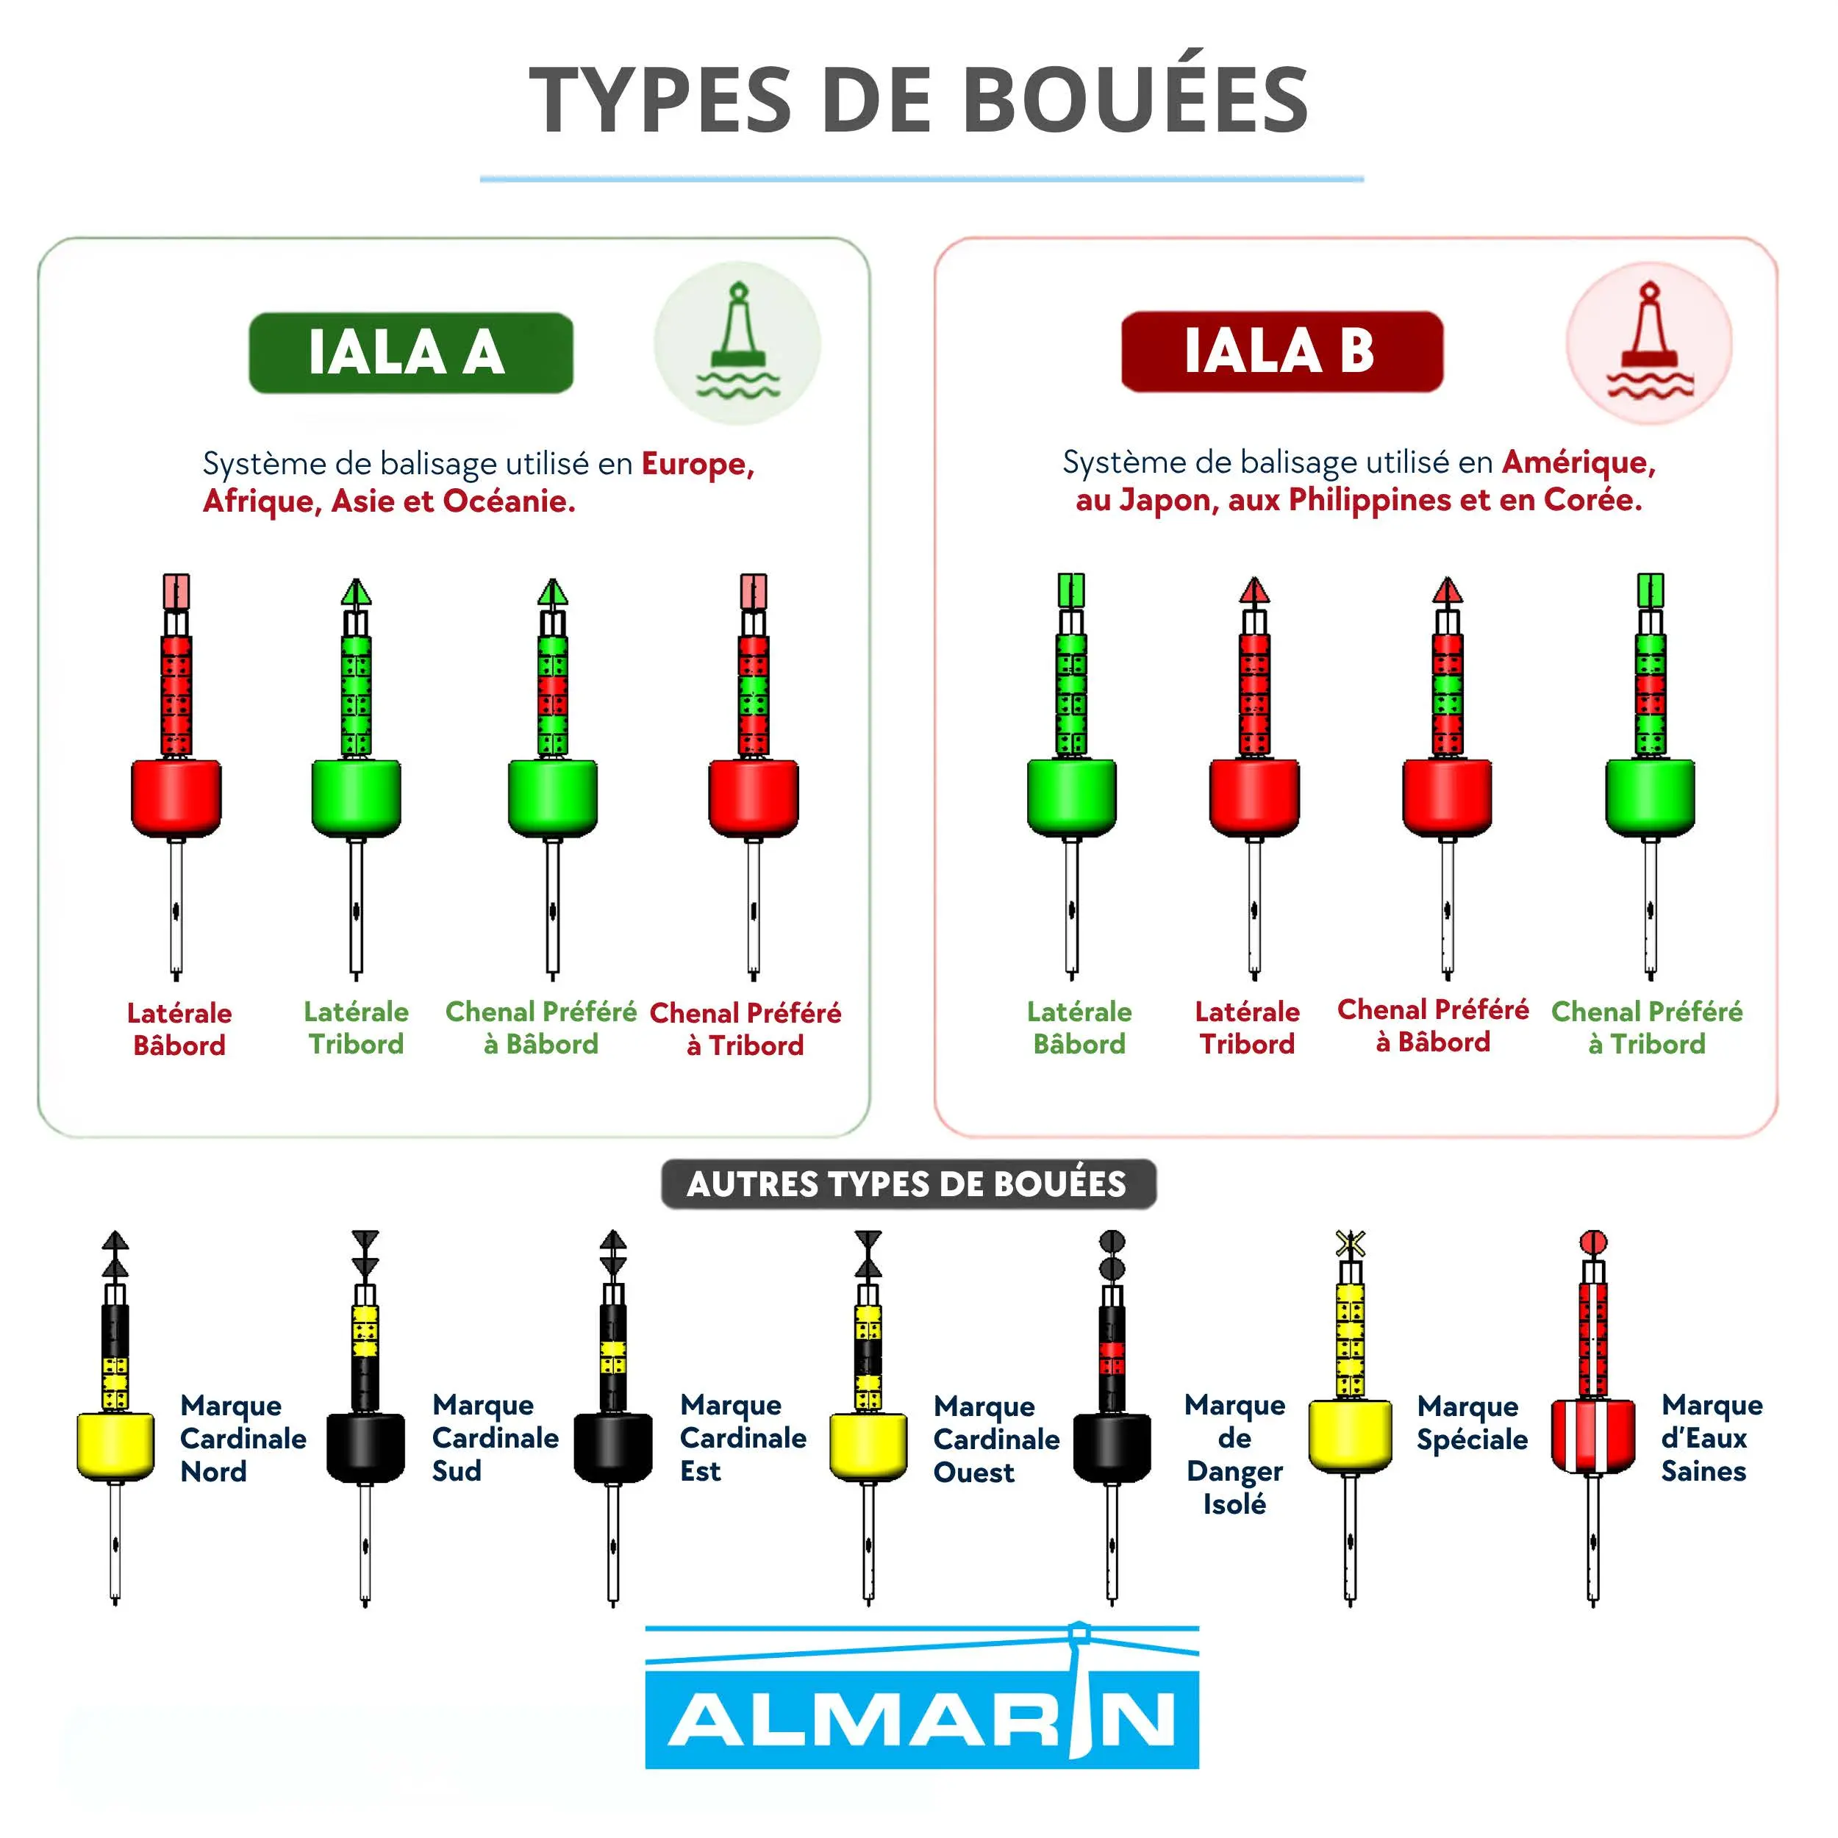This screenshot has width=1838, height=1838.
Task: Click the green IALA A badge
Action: point(411,352)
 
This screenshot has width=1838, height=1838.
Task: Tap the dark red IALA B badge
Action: point(1281,350)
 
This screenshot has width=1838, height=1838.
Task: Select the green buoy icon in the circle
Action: point(738,340)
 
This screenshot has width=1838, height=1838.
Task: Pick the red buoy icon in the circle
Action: point(1650,340)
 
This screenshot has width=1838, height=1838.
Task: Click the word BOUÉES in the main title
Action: point(1136,100)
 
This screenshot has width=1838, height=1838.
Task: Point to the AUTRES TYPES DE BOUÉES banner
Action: point(909,1184)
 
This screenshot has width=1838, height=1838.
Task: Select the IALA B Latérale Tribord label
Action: point(1247,1028)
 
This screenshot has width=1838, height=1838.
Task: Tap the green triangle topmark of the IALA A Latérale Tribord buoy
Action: point(356,592)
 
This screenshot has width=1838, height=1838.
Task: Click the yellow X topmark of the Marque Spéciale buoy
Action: point(1350,1243)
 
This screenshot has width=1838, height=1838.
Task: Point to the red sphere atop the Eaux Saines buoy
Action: point(1592,1242)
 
